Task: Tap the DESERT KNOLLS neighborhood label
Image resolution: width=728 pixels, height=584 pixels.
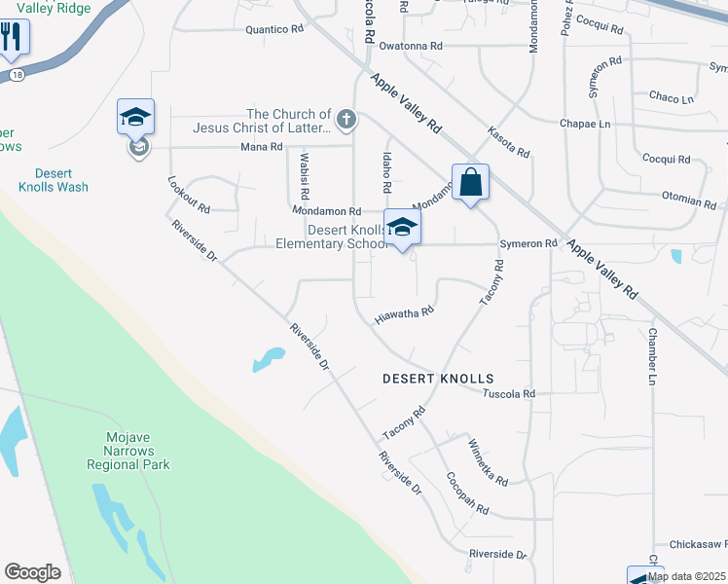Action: pyautogui.click(x=438, y=379)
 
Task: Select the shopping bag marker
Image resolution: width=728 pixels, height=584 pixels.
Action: pyautogui.click(x=470, y=183)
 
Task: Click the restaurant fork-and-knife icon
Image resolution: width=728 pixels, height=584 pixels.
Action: pyautogui.click(x=12, y=38)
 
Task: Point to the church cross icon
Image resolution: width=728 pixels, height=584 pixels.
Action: pyautogui.click(x=343, y=121)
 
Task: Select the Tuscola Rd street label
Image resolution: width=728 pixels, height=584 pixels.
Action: pyautogui.click(x=509, y=393)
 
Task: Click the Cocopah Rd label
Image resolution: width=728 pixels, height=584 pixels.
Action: pyautogui.click(x=466, y=495)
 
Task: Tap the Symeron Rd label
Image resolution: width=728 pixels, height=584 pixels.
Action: pyautogui.click(x=528, y=243)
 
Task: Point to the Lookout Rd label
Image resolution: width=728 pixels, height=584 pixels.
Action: pyautogui.click(x=189, y=195)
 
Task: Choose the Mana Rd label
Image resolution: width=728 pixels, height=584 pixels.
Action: pyautogui.click(x=261, y=147)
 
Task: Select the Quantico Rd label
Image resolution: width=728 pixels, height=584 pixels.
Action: pyautogui.click(x=274, y=29)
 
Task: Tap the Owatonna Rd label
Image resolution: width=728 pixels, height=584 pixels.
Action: pyautogui.click(x=411, y=46)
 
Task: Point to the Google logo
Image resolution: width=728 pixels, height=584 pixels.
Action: pyautogui.click(x=32, y=572)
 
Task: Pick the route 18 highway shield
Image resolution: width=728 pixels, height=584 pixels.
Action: pyautogui.click(x=17, y=74)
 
